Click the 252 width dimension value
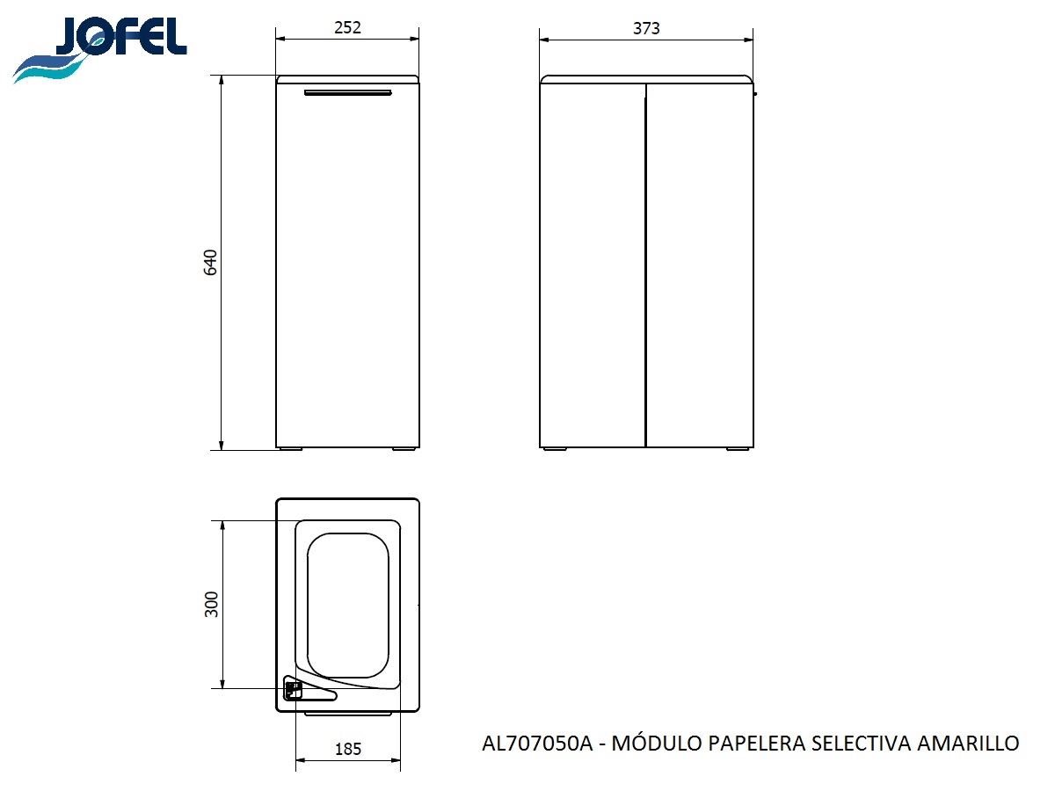[347, 27]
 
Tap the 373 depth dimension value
[646, 28]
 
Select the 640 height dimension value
[210, 263]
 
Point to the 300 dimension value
[211, 604]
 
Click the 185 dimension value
[348, 750]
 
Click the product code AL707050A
[538, 744]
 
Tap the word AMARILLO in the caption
[968, 744]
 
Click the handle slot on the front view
[347, 92]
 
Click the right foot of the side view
[738, 449]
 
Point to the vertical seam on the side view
[646, 264]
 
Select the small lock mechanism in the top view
[293, 689]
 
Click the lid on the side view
[646, 79]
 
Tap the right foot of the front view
[404, 449]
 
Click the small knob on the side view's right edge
[755, 92]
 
